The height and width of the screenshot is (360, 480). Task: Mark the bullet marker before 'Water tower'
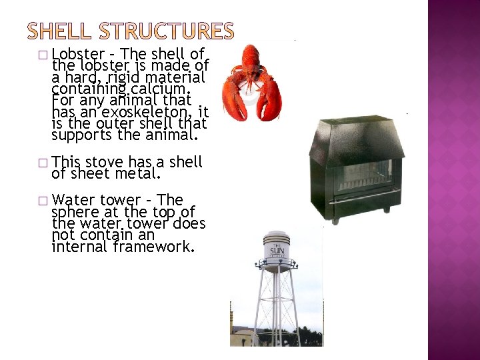43,200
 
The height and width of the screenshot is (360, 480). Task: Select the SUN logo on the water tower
275,249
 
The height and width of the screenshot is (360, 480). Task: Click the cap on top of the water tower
275,234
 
